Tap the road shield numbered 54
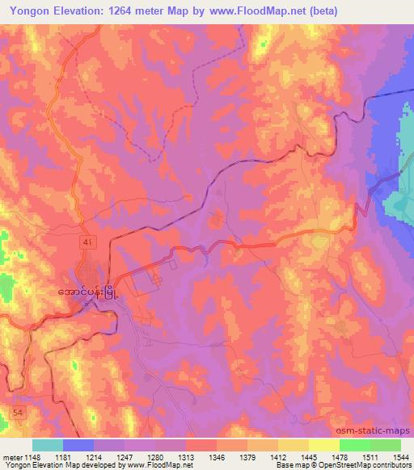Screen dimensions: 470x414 (17, 413)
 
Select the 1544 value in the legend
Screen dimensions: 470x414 (402, 456)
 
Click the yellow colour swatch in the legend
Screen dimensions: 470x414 (324, 445)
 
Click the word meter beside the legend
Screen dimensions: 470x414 (12, 456)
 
